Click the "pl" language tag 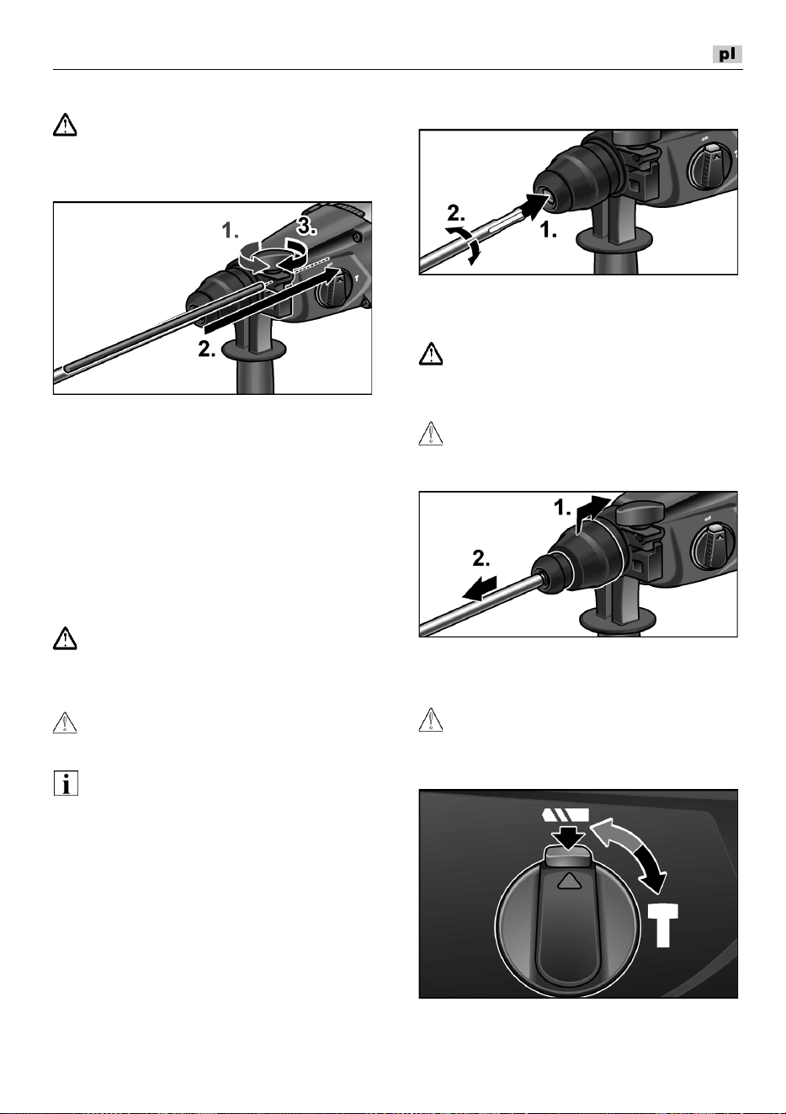727,54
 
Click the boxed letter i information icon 66,783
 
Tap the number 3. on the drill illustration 307,227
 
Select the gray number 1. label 231,231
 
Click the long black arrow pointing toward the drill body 272,300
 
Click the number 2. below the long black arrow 207,349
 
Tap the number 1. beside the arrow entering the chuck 549,230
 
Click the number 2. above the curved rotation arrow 456,213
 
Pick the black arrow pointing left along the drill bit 480,589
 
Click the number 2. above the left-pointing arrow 481,558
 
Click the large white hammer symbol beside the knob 662,925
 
